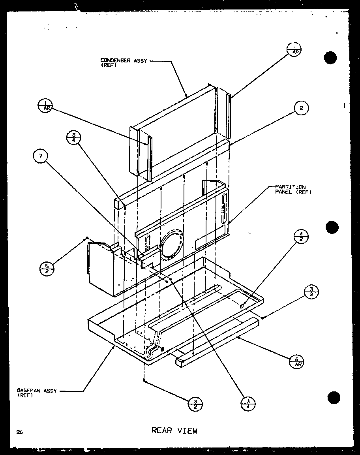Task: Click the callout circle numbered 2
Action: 301,108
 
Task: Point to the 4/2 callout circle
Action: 301,238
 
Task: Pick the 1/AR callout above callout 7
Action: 46,105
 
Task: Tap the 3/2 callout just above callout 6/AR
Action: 311,293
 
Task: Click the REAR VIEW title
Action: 174,431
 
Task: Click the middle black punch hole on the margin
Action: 332,227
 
